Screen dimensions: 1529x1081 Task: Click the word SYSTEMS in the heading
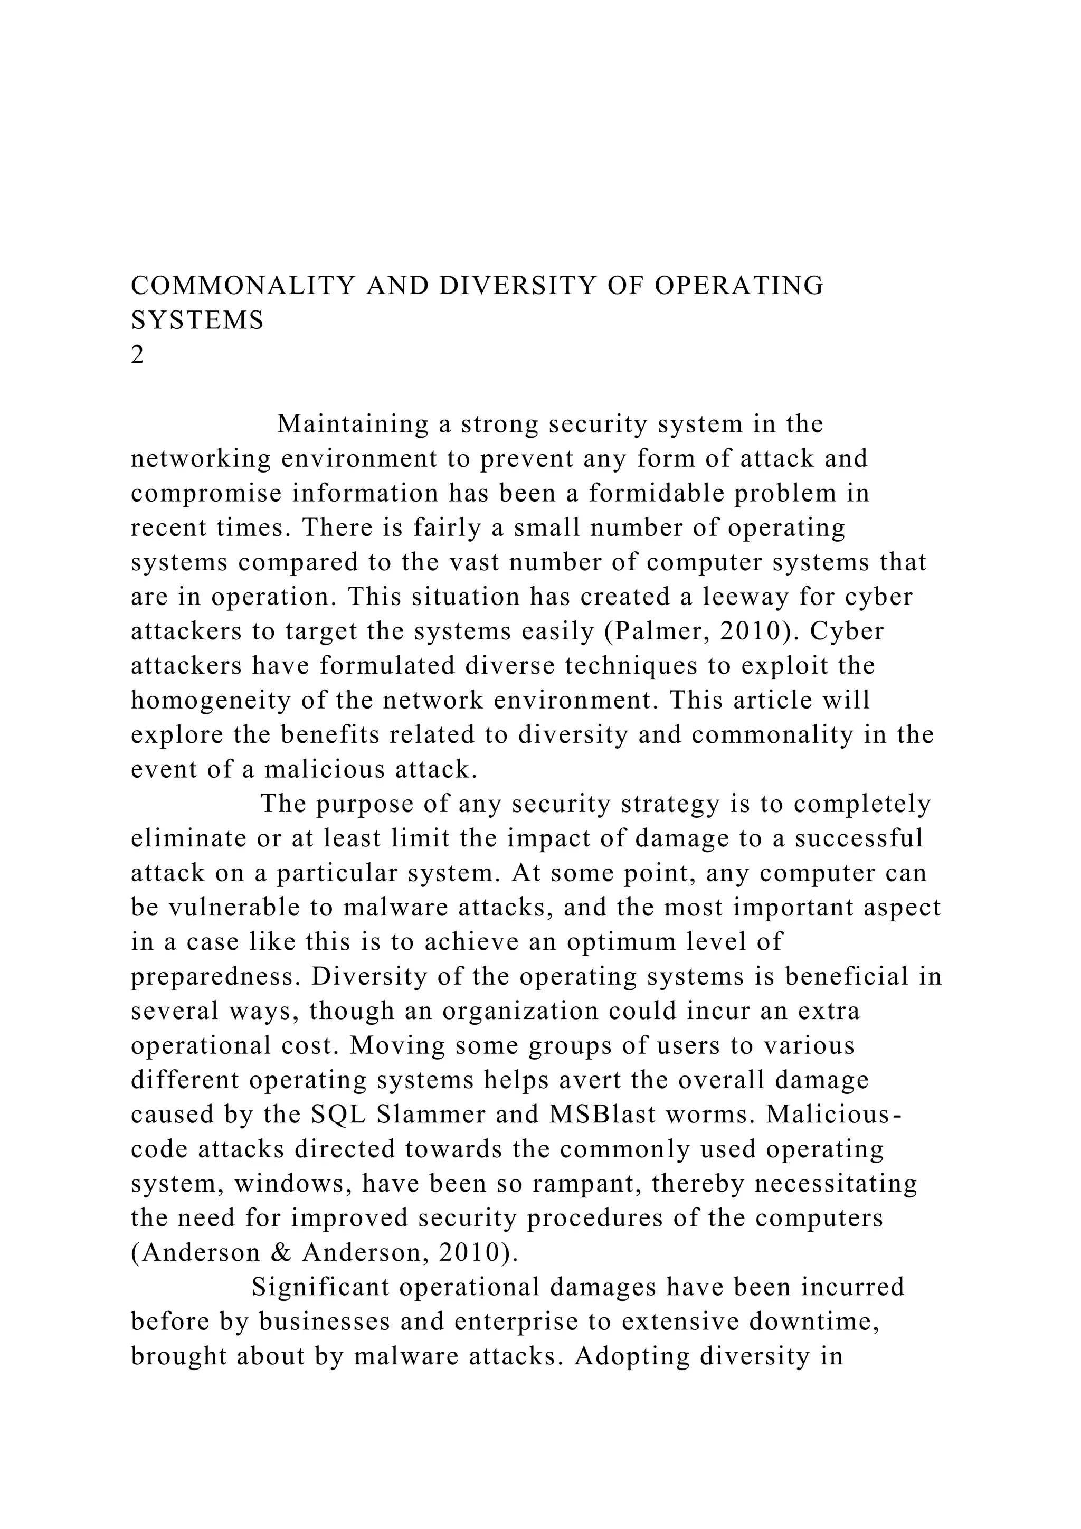point(198,321)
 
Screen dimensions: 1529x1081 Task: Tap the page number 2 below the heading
point(138,356)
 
